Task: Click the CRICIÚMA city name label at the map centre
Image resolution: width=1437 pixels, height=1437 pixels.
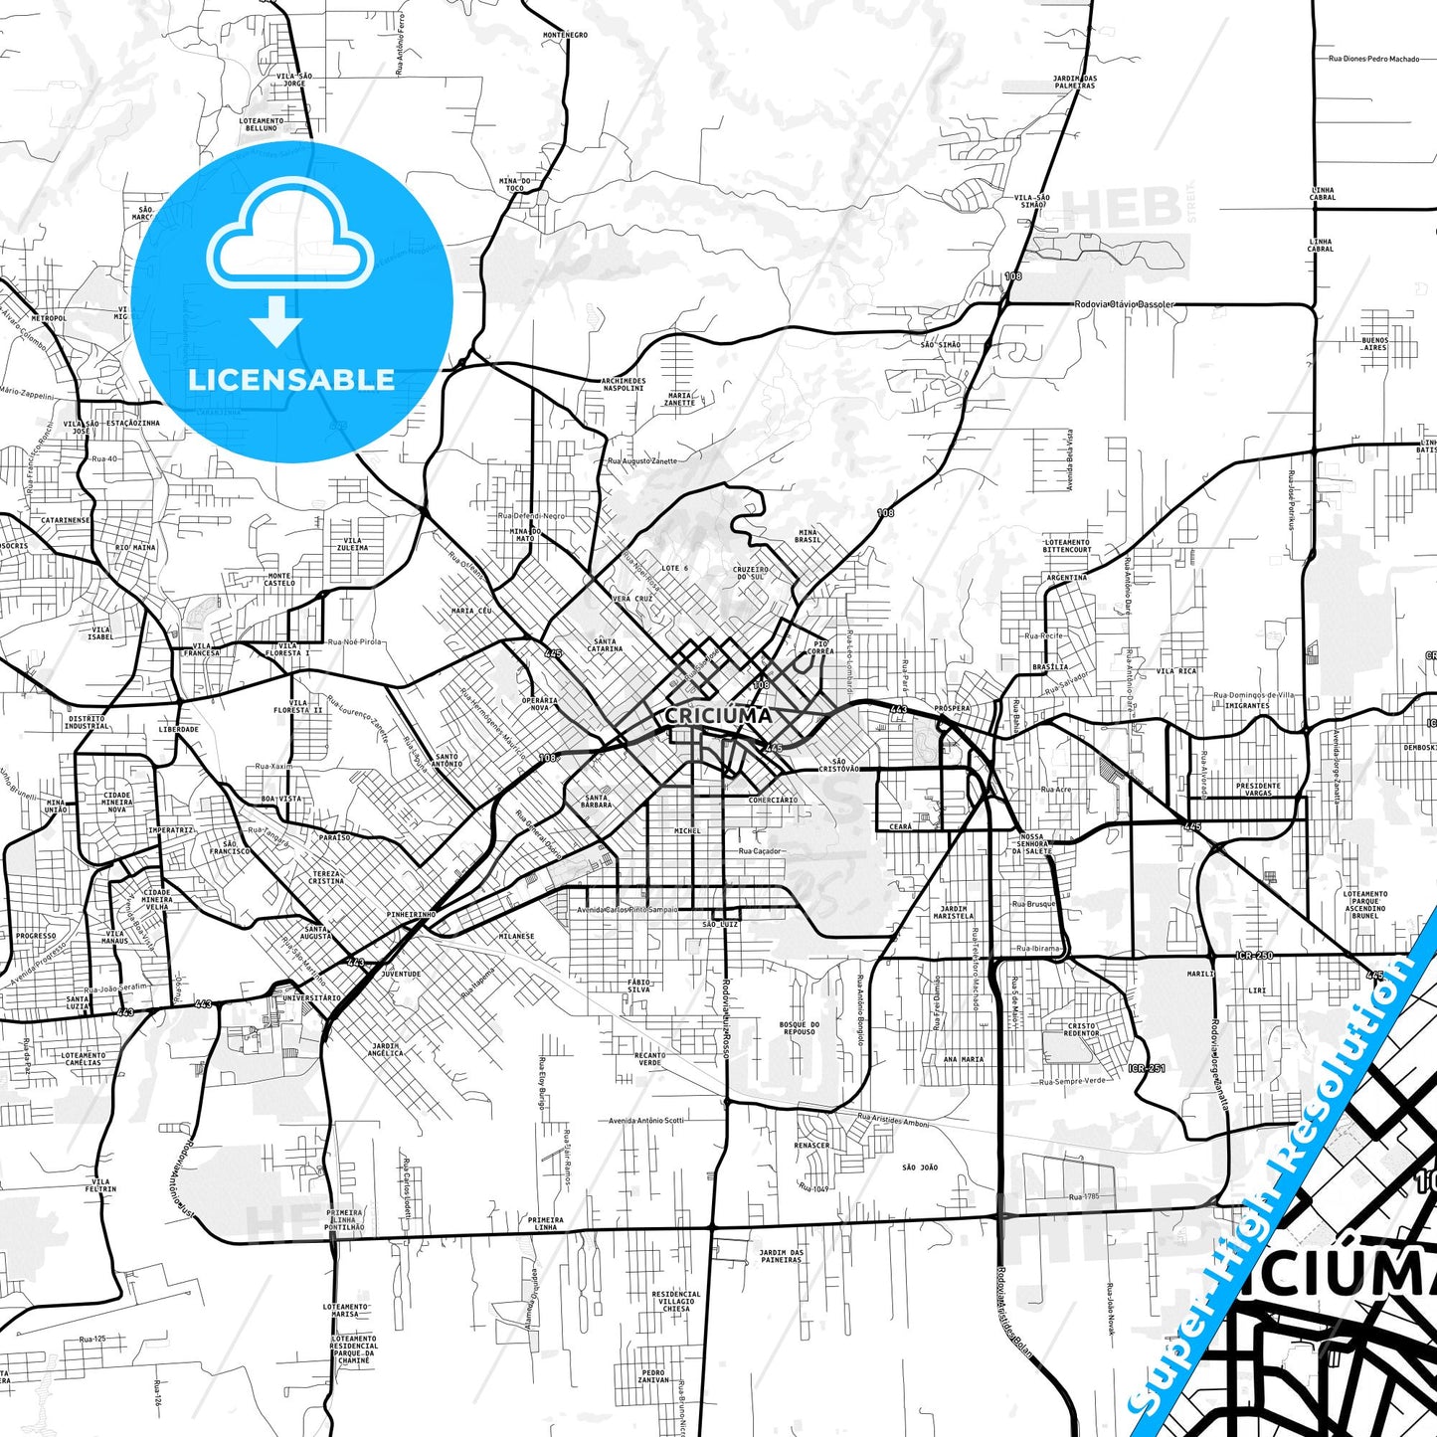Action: point(718,715)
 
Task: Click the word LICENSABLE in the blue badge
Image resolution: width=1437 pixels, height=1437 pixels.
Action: point(291,379)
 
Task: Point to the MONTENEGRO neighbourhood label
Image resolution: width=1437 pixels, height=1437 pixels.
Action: point(565,35)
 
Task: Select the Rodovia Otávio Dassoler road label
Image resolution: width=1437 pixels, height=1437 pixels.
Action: point(1124,304)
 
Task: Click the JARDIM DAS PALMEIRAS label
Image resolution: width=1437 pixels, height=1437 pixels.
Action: point(1074,83)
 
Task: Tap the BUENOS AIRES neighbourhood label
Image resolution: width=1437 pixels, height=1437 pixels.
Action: point(1375,344)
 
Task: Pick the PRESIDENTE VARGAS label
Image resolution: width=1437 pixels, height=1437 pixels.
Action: point(1258,790)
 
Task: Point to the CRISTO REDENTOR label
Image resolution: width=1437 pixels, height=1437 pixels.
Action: point(1081,1029)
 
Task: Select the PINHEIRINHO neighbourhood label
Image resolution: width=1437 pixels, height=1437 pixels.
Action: point(412,914)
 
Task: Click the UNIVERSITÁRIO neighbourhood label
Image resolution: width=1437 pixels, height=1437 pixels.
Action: point(312,997)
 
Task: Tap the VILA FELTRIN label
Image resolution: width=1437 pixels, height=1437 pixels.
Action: point(100,1185)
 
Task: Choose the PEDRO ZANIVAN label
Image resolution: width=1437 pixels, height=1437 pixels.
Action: point(653,1376)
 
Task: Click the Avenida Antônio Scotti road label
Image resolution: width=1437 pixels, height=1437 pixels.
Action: point(646,1121)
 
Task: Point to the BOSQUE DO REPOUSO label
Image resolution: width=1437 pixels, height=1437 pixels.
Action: point(800,1028)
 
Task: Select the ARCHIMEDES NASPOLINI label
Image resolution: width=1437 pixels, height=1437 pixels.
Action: point(624,384)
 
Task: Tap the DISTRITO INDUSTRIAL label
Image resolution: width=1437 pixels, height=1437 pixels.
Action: point(88,722)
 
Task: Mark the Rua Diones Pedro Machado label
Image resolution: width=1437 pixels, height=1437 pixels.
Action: point(1374,59)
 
